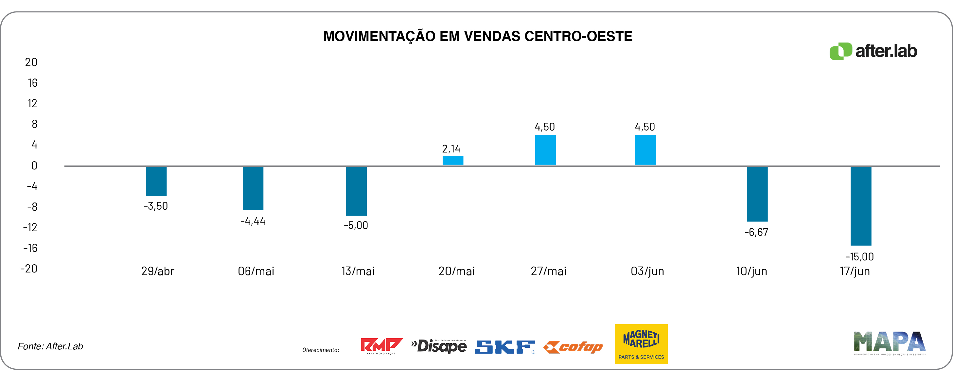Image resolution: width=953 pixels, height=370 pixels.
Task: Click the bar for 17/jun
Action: click(860, 206)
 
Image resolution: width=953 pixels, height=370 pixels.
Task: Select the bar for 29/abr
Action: click(156, 181)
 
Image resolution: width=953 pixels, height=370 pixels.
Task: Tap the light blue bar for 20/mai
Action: click(453, 160)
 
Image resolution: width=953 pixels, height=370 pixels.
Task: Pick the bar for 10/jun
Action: click(757, 194)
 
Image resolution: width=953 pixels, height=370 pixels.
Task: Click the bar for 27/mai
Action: click(545, 150)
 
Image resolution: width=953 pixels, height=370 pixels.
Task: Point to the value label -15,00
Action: click(859, 256)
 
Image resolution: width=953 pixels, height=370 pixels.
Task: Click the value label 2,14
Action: click(451, 149)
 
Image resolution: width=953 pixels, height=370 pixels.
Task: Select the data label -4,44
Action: click(253, 221)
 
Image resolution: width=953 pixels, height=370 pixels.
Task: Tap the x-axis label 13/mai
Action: click(358, 271)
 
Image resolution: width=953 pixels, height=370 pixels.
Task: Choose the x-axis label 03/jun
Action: click(647, 271)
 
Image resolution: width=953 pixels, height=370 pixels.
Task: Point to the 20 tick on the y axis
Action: click(31, 62)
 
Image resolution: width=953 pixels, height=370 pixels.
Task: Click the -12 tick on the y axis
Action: click(30, 227)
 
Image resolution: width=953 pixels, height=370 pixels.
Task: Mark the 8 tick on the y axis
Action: click(34, 124)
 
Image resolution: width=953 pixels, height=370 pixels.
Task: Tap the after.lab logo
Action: click(873, 51)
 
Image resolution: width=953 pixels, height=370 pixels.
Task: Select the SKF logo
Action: click(504, 347)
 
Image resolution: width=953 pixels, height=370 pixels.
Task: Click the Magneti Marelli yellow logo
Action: click(641, 344)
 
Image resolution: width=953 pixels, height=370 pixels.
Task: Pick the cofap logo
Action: click(573, 347)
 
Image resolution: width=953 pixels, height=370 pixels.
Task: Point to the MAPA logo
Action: click(889, 343)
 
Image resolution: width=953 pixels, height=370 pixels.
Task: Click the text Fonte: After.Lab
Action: click(50, 346)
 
